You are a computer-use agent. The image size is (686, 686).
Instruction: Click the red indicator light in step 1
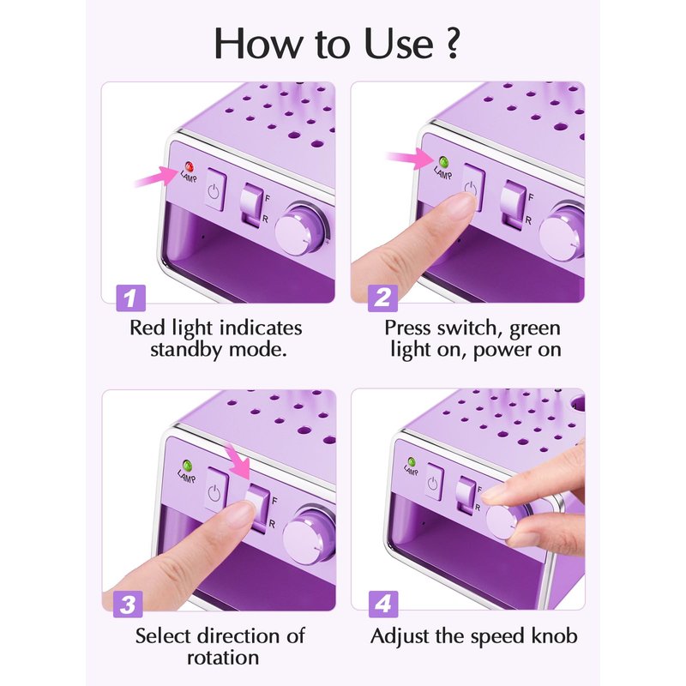190,166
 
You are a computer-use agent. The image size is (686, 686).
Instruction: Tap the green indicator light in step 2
443,162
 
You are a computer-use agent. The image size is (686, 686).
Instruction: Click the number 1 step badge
131,298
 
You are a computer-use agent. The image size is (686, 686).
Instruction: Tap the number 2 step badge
382,298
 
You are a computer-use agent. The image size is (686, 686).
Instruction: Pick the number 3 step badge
128,605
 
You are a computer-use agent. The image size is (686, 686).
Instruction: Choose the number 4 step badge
383,605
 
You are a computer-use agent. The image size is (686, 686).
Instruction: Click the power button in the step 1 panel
215,190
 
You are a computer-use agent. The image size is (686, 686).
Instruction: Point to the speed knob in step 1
302,229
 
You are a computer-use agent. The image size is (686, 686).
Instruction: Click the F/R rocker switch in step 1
251,205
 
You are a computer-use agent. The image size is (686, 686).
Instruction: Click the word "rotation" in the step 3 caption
223,658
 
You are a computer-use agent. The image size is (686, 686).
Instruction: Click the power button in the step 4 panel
433,482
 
